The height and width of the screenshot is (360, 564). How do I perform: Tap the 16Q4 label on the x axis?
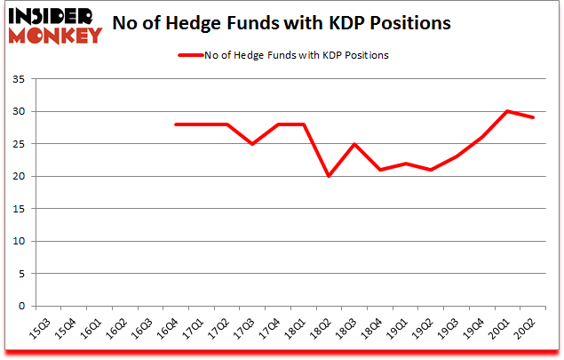168,329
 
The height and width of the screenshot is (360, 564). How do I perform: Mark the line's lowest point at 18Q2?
330,176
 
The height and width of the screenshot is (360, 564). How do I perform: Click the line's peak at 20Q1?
506,111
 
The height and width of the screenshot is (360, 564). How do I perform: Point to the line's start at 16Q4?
176,124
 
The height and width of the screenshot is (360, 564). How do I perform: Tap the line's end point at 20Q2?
532,117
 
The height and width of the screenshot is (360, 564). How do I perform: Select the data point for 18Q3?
354,144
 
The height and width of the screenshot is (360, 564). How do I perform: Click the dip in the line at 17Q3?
253,144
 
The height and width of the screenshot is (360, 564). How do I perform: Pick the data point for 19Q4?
481,137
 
